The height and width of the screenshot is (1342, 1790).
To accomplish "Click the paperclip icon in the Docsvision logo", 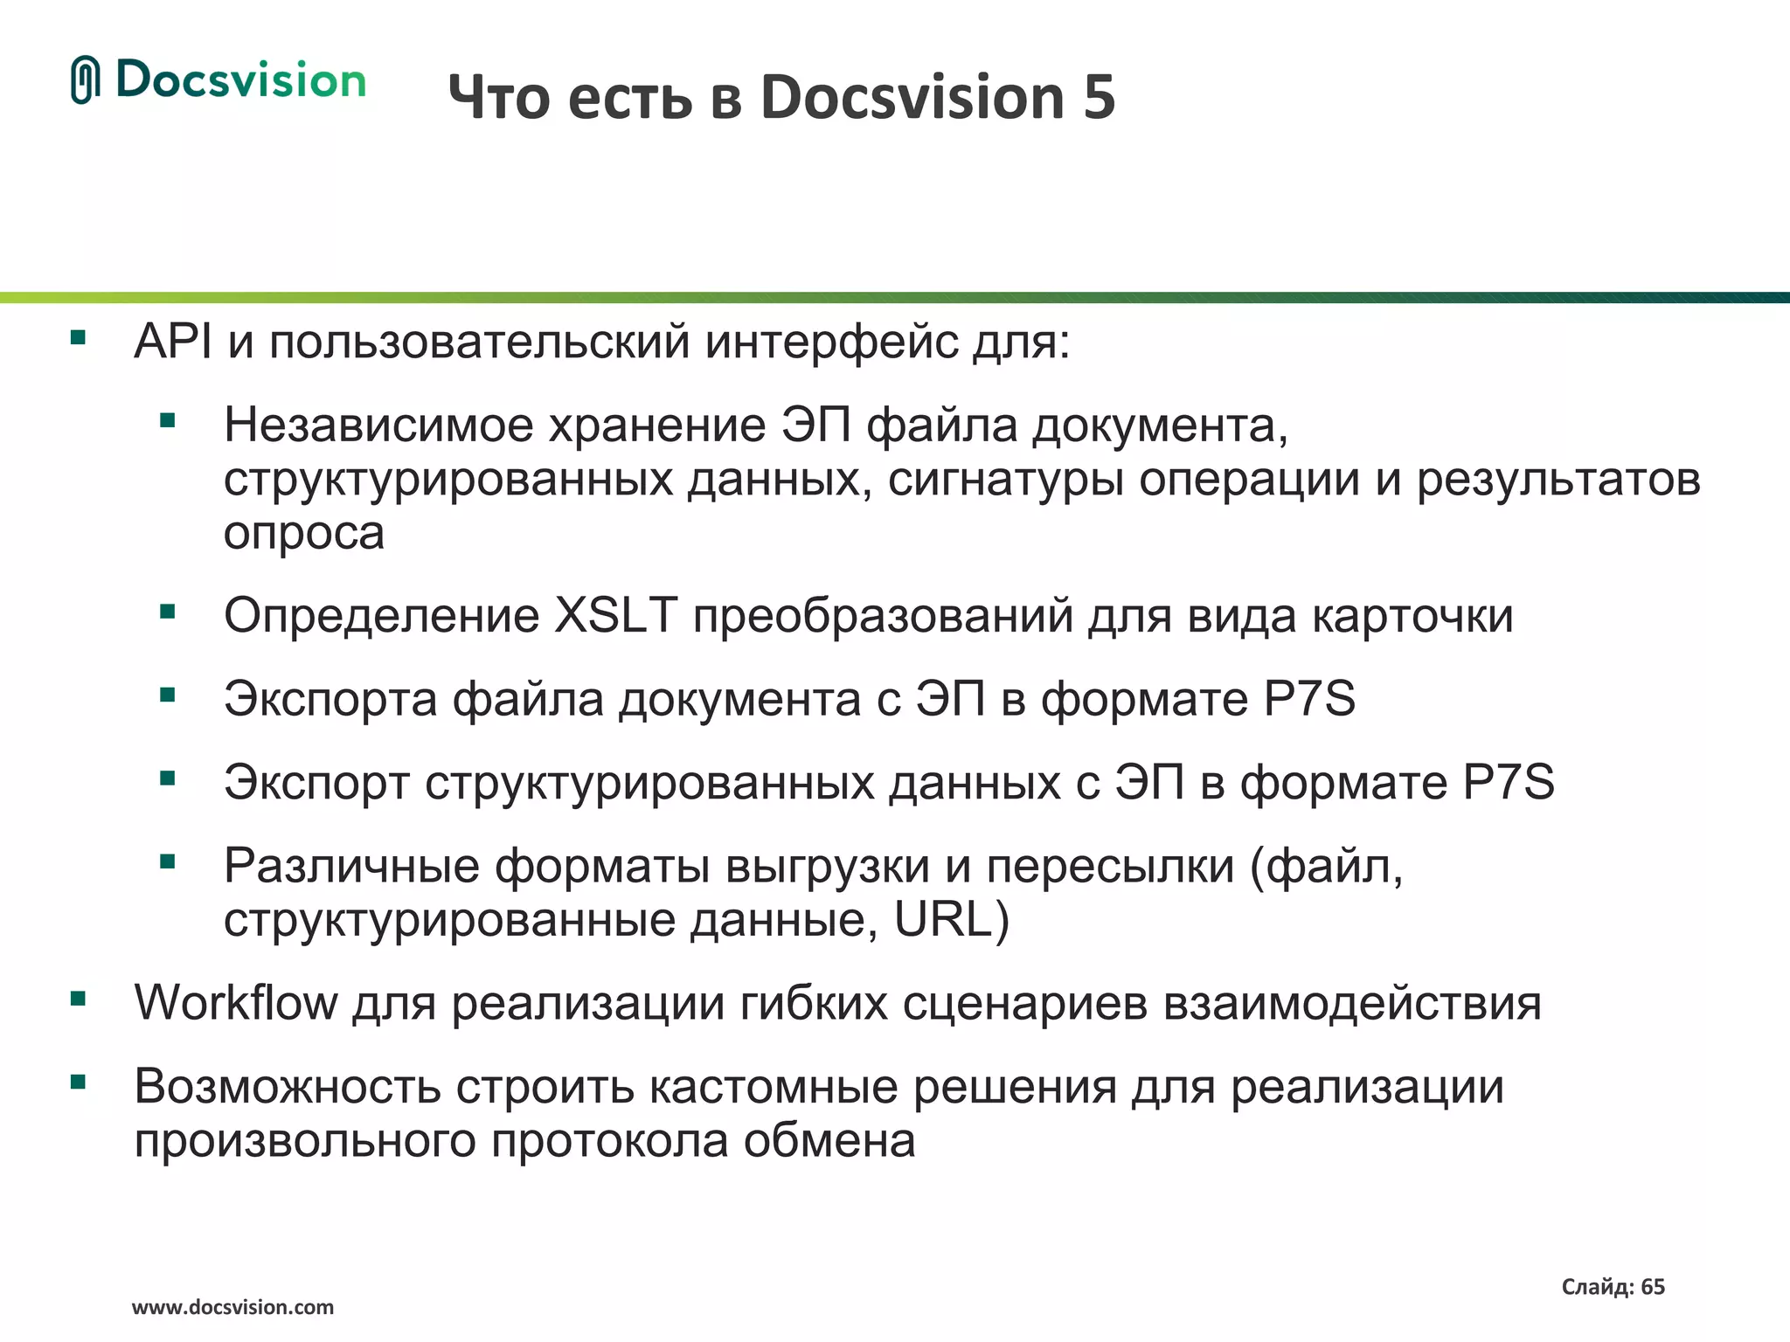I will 86,80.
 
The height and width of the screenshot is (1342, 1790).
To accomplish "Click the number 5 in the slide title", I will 1100,97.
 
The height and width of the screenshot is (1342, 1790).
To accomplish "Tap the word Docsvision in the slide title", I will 912,97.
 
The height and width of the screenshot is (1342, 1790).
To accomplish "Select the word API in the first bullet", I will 172,342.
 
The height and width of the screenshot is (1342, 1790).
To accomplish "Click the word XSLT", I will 616,615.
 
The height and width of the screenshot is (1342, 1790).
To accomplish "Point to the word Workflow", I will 236,1002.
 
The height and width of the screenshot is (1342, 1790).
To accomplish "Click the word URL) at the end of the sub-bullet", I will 952,920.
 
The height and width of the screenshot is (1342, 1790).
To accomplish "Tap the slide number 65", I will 1653,1287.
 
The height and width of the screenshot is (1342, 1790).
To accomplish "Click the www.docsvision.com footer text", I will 232,1308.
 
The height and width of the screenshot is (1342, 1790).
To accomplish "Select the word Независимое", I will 378,425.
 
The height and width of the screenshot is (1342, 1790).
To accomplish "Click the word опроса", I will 303,533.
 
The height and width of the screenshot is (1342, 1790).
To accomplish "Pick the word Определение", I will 381,615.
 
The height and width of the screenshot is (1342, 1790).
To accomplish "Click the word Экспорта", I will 330,699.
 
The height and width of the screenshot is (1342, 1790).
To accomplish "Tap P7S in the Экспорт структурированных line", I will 1509,782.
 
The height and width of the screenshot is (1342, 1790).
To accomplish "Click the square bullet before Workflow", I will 79,999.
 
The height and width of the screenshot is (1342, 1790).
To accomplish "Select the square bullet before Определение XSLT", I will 168,612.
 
